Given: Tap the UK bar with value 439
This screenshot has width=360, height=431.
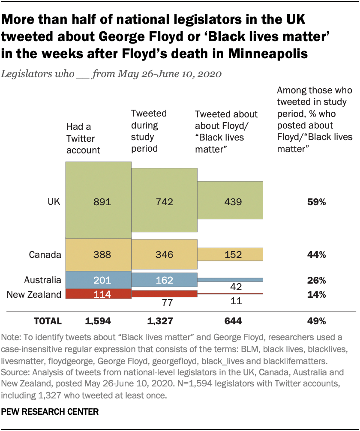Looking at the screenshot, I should tap(230, 201).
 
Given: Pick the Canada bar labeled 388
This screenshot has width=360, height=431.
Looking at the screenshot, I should tap(98, 255).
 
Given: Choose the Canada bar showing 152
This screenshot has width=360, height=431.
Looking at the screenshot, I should tap(230, 254).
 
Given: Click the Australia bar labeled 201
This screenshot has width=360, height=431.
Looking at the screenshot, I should tap(98, 280).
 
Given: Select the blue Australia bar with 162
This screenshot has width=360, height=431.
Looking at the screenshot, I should tap(164, 280).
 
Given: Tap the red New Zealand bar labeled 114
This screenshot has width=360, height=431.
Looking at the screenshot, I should tap(98, 294).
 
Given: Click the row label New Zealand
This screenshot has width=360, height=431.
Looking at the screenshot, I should tap(34, 294).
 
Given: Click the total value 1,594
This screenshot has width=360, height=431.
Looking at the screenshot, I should tap(99, 321).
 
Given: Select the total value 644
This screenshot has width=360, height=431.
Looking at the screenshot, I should tap(231, 321).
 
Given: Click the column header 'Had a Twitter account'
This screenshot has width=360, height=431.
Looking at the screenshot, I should tap(83, 138).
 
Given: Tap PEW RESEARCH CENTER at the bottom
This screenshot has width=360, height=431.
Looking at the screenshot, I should tap(51, 412).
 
